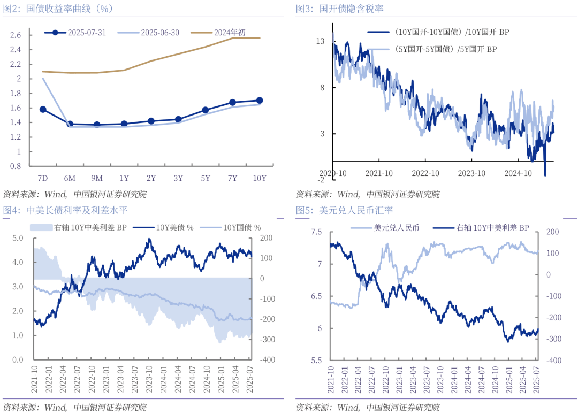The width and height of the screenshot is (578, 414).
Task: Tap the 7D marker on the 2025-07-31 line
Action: click(43, 109)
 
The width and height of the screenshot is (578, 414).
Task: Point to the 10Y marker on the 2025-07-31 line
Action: click(260, 100)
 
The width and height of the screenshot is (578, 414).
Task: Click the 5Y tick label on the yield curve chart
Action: click(206, 178)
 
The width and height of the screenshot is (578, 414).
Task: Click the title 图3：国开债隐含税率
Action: click(339, 9)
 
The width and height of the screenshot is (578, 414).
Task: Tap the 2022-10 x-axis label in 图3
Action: click(425, 173)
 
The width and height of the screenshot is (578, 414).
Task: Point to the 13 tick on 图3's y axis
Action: click(321, 41)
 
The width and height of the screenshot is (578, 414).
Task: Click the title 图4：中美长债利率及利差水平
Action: click(65, 210)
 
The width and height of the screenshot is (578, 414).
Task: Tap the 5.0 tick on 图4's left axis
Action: click(18, 238)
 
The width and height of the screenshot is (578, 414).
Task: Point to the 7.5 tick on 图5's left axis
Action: click(316, 232)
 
